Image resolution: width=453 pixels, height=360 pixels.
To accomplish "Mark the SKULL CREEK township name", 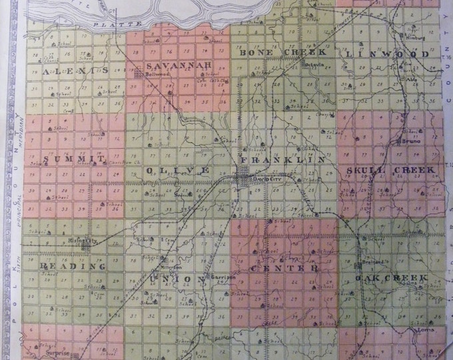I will point(390,170).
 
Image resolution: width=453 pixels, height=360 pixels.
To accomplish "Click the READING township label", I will point(64,266).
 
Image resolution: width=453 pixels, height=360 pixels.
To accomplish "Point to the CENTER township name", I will point(282,268).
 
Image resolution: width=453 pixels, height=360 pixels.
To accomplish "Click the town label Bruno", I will point(408,141).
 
